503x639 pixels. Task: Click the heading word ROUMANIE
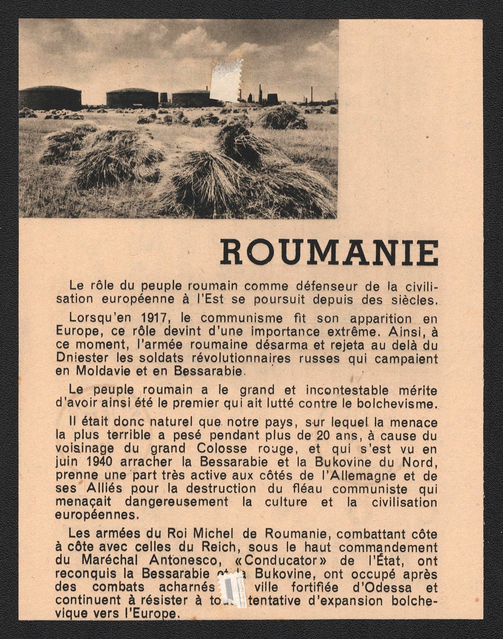pyautogui.click(x=329, y=253)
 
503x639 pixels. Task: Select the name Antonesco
pyautogui.click(x=179, y=560)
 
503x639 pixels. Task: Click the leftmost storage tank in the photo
pyautogui.click(x=50, y=97)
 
